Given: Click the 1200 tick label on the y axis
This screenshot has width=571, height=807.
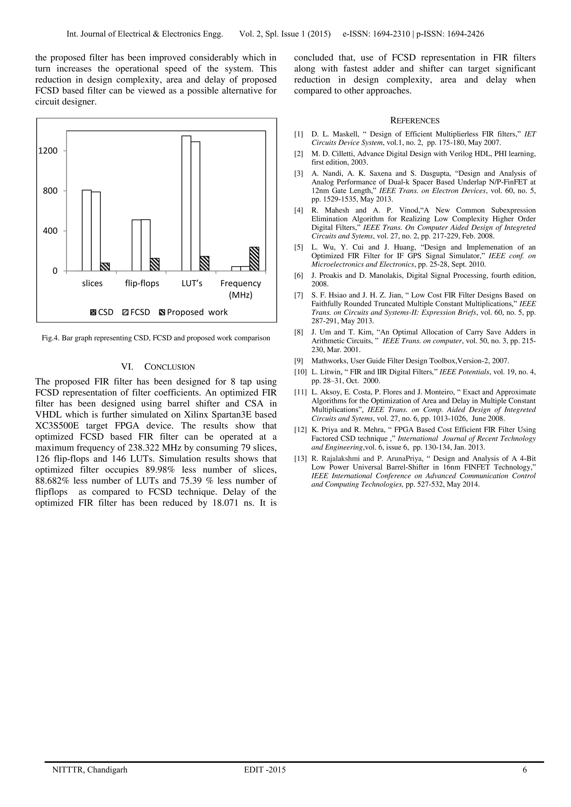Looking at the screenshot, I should pyautogui.click(x=48, y=151).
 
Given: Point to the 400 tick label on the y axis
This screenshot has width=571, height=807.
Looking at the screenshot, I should pyautogui.click(x=50, y=231).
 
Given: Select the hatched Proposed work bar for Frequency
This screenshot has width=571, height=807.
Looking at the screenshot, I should pyautogui.click(x=254, y=259).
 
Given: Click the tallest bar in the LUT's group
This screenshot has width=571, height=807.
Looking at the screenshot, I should pyautogui.click(x=186, y=203).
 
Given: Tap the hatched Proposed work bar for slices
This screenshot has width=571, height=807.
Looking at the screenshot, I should pyautogui.click(x=105, y=266).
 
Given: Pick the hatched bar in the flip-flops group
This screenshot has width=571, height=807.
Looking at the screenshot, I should pyautogui.click(x=155, y=264).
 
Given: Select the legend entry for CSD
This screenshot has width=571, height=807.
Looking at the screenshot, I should pyautogui.click(x=102, y=312).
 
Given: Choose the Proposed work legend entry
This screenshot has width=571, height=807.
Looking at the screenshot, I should pyautogui.click(x=193, y=312).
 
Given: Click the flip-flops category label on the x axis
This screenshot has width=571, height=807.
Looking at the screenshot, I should pyautogui.click(x=142, y=283).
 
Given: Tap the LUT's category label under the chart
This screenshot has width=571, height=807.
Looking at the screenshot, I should pyautogui.click(x=192, y=283).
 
